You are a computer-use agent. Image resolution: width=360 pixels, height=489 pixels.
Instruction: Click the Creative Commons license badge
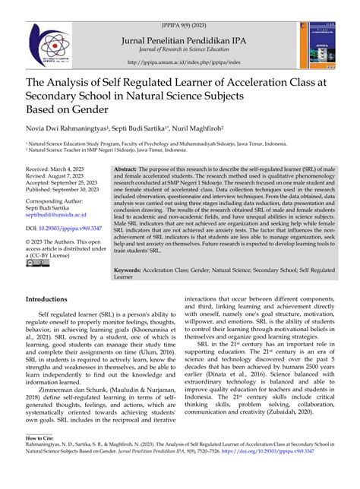point(37,263)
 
